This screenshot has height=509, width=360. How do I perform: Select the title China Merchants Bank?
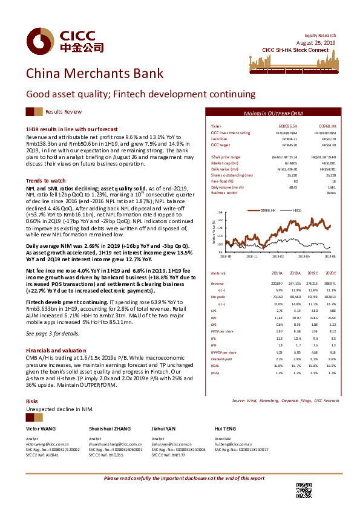pyautogui.click(x=94, y=74)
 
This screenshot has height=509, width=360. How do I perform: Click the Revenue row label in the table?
pyautogui.click(x=217, y=283)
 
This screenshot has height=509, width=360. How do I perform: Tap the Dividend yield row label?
pyautogui.click(x=222, y=341)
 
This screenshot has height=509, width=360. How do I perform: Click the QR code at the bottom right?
pyautogui.click(x=303, y=490)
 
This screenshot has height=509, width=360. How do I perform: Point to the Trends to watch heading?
pyautogui.click(x=45, y=181)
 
